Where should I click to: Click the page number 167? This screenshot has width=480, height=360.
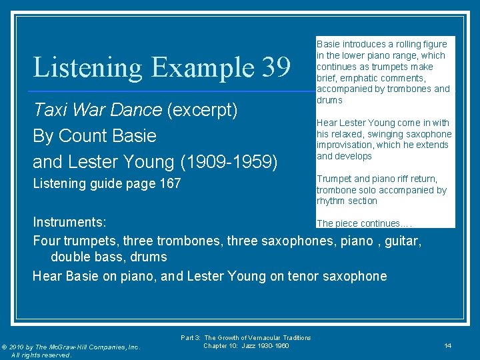[x=169, y=183]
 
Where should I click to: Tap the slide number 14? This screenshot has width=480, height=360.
[x=448, y=345]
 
